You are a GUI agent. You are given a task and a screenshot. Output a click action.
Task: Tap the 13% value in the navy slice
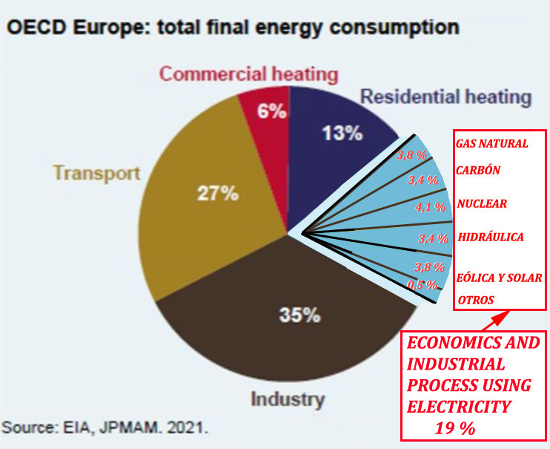tap(342, 134)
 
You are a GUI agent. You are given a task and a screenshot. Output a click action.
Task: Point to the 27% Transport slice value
tap(217, 194)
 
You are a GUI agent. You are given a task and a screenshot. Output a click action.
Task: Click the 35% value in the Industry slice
tap(299, 315)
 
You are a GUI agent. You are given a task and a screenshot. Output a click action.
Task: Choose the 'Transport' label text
tap(96, 174)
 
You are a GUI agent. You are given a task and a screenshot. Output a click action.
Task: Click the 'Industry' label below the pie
tap(288, 399)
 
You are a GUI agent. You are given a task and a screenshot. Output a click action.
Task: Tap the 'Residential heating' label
tap(445, 96)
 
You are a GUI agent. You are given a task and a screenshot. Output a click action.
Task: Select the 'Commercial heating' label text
tap(249, 74)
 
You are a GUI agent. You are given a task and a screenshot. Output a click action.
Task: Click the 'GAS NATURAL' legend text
tap(492, 144)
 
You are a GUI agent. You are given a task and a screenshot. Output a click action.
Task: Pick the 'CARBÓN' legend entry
tap(478, 170)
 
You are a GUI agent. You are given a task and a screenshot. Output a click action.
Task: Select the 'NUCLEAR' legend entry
tap(482, 203)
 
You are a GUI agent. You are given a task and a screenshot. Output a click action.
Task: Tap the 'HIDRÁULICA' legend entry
tap(491, 237)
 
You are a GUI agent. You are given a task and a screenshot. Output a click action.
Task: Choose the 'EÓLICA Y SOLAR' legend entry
tap(500, 278)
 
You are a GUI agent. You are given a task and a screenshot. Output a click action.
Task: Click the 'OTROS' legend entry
tap(477, 300)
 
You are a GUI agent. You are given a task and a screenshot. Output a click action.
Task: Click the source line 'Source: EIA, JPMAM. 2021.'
tap(105, 428)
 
